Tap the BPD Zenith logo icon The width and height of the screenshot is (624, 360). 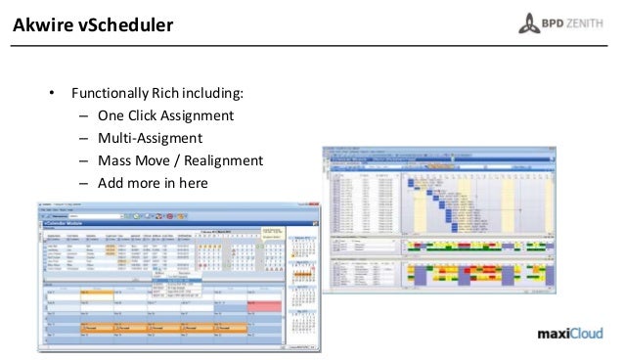click(528, 22)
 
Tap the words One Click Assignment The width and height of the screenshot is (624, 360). click(166, 116)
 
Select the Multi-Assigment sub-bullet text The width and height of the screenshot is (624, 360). click(149, 138)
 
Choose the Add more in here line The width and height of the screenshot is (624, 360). click(153, 182)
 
